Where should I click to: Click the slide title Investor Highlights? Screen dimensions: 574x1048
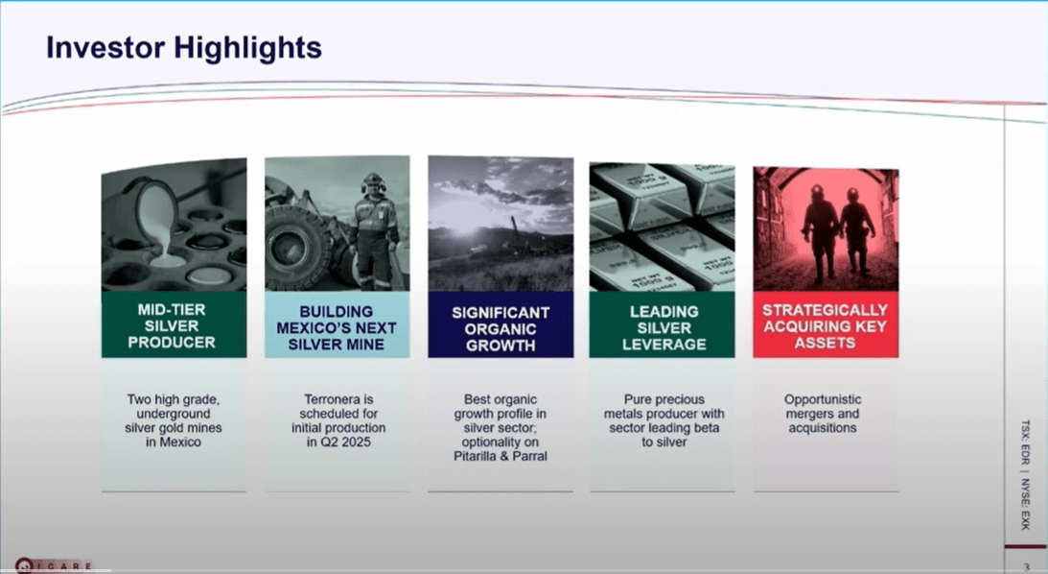click(x=184, y=48)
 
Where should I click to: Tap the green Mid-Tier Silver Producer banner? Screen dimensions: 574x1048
click(x=173, y=326)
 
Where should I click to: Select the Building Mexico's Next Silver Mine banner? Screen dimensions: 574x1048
click(x=336, y=326)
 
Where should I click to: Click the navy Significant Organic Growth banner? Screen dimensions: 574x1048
click(x=500, y=326)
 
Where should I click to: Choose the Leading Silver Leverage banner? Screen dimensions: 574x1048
click(x=663, y=326)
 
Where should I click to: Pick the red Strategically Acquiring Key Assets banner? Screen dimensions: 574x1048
click(x=825, y=326)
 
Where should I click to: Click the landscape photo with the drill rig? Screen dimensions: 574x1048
click(x=500, y=226)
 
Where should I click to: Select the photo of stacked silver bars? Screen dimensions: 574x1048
click(x=663, y=226)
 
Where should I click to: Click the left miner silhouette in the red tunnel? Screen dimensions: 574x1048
click(x=818, y=230)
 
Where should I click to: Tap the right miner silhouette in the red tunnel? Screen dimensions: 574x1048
click(x=856, y=230)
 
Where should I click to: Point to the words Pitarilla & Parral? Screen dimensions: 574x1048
click(x=500, y=456)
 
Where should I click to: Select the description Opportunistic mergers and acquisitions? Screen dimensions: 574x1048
click(x=823, y=413)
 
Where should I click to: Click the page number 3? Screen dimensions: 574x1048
click(x=1027, y=566)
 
